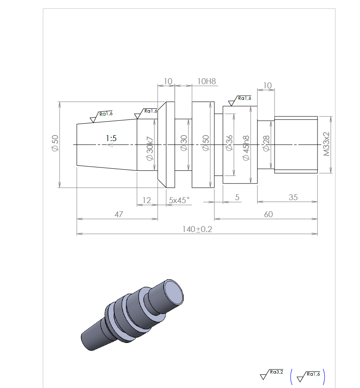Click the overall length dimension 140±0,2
coord(197,229)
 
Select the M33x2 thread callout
coord(326,144)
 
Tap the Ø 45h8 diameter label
coord(246,148)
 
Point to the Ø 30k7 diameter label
coord(150,148)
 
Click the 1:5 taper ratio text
coord(111,138)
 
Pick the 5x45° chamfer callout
coord(179,200)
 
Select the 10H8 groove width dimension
coord(207,81)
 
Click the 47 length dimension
coord(119,214)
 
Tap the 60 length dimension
coord(269,214)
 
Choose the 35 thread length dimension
coord(293,197)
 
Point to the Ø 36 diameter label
coord(229,143)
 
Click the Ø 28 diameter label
coord(266,143)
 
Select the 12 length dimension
coord(147,200)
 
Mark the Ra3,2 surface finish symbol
coord(272,374)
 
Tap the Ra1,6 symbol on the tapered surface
coord(101,116)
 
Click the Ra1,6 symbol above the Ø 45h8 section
coord(240,101)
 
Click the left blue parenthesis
coord(292,377)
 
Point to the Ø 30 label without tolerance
coord(184,143)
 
